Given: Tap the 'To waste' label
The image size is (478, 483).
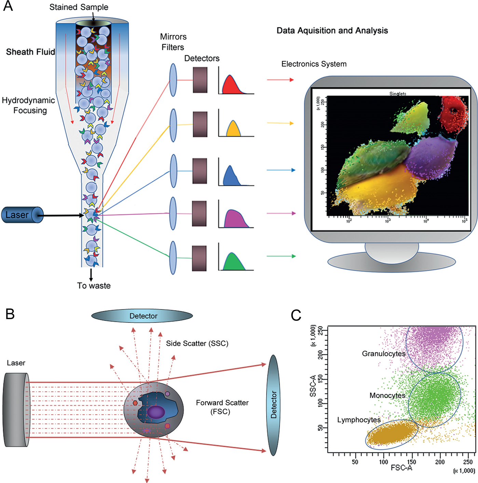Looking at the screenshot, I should point(94,286).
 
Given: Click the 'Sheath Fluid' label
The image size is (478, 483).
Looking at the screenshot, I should point(30,52).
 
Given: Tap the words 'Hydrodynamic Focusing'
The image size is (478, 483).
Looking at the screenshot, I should point(29,105).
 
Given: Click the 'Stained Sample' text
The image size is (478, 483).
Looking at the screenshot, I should point(79,7).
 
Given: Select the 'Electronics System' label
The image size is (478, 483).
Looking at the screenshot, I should point(314,64).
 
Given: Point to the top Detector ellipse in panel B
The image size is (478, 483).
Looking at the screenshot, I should point(142,316).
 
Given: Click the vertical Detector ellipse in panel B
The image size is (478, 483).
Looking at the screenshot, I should point(273,405).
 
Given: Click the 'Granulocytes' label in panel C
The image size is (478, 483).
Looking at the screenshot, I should point(383,354).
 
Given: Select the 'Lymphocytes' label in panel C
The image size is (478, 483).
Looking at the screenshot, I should point(359,420).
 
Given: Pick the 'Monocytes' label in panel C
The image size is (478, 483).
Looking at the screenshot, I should point(387,396).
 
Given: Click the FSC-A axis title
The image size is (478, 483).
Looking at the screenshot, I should point(401,468).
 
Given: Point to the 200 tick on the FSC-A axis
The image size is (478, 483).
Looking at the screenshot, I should point(440,462).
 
